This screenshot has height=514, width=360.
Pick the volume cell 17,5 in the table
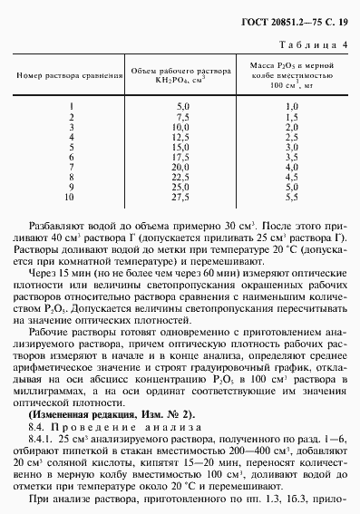[x=182, y=156]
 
